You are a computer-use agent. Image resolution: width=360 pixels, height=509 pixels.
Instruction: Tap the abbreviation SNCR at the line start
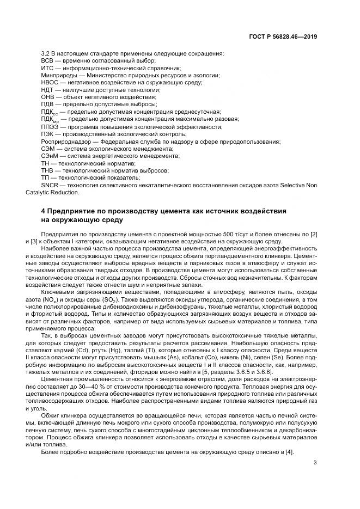click(x=50, y=185)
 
